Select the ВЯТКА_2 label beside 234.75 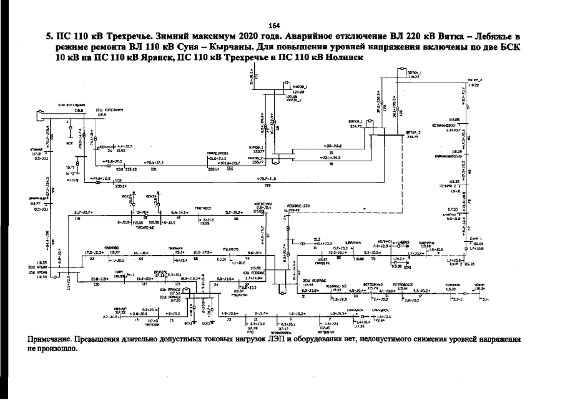[x=413, y=133]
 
